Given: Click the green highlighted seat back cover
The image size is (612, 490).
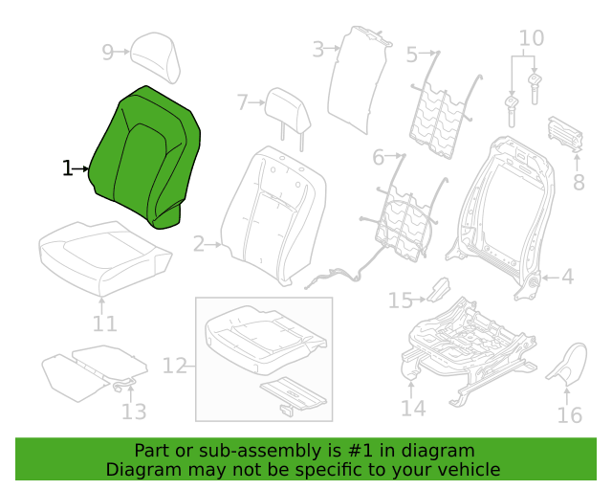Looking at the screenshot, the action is (x=144, y=156).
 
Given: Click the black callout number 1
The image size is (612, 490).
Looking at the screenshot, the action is (x=68, y=168).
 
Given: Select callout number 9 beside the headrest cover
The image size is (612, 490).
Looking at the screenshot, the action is (x=107, y=52).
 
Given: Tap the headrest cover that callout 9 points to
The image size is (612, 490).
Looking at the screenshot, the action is (x=155, y=57).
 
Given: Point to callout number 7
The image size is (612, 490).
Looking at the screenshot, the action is (x=242, y=102).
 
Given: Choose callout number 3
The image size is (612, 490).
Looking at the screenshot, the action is (x=318, y=50).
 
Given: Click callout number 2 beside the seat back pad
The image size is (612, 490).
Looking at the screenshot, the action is (x=199, y=244).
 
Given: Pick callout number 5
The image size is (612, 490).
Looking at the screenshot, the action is (x=412, y=55).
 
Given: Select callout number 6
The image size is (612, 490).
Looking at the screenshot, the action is (x=379, y=157).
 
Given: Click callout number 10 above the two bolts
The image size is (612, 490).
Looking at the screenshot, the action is (x=532, y=38).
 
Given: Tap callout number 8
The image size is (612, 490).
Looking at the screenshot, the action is (x=579, y=182).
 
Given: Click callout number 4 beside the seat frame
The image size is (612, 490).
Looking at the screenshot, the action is (x=567, y=277).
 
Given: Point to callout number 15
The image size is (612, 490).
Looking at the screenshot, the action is (x=401, y=301).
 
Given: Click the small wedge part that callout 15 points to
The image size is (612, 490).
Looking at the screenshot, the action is (x=438, y=290).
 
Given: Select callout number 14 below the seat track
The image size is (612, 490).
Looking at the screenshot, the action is (x=413, y=408).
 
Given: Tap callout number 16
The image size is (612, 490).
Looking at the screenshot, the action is (x=570, y=415).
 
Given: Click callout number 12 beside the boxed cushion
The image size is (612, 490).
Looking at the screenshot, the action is (x=174, y=367).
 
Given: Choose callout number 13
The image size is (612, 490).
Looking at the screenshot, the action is (x=134, y=412).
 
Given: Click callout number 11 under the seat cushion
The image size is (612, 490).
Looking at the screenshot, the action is (x=104, y=323).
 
